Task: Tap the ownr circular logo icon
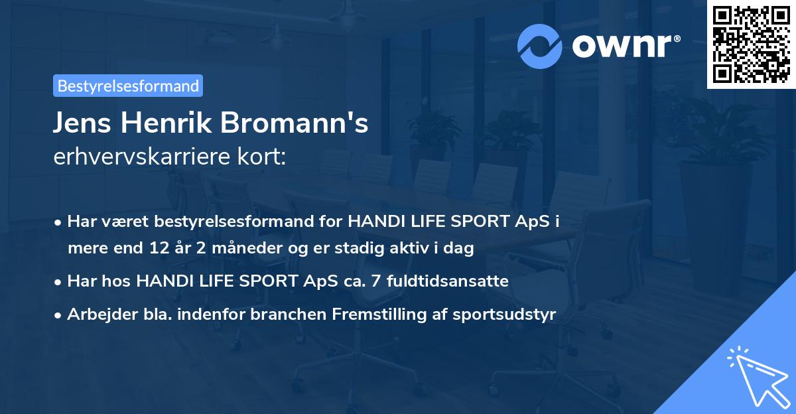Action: (541, 46)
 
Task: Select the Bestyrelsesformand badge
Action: (128, 86)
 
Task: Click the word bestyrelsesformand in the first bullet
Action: (236, 221)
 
